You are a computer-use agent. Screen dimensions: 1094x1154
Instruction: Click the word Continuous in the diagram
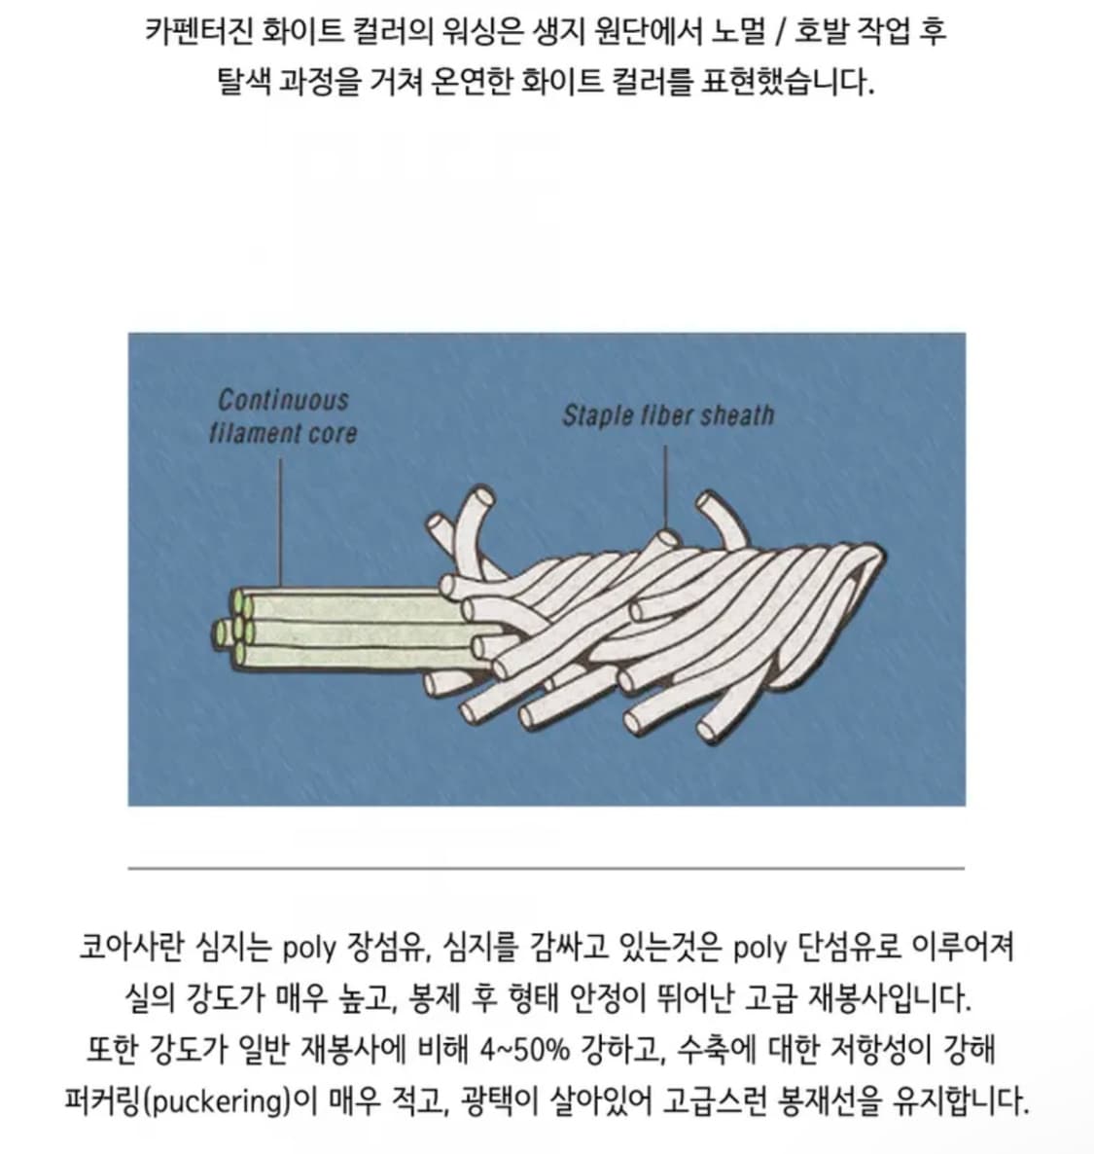point(283,400)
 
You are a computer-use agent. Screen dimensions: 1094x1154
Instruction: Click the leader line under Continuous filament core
point(280,523)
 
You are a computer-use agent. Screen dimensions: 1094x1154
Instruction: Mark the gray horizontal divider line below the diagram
point(547,869)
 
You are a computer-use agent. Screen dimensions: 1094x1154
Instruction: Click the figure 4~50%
point(524,1050)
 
